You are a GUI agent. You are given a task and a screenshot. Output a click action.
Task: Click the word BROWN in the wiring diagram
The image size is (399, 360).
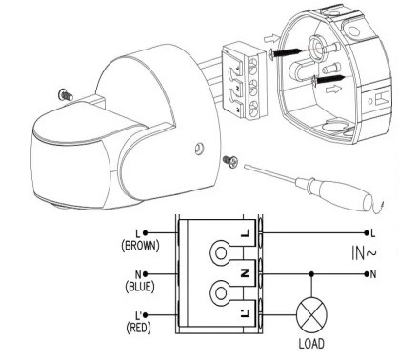[x=140, y=246]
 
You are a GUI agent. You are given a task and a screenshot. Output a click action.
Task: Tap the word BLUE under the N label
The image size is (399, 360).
[x=140, y=287]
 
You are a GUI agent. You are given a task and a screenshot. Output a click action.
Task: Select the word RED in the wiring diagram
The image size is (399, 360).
[x=138, y=328]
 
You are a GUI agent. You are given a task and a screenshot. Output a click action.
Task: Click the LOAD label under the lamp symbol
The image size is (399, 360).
[x=311, y=344]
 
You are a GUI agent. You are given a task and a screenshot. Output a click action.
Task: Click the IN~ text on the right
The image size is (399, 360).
[x=364, y=252]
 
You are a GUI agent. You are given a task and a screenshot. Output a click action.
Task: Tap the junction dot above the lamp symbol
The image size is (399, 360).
[x=311, y=274]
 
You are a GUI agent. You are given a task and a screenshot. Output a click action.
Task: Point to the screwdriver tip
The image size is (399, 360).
[x=246, y=166]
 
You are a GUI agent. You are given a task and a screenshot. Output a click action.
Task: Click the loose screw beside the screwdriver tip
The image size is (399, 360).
[x=230, y=161]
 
